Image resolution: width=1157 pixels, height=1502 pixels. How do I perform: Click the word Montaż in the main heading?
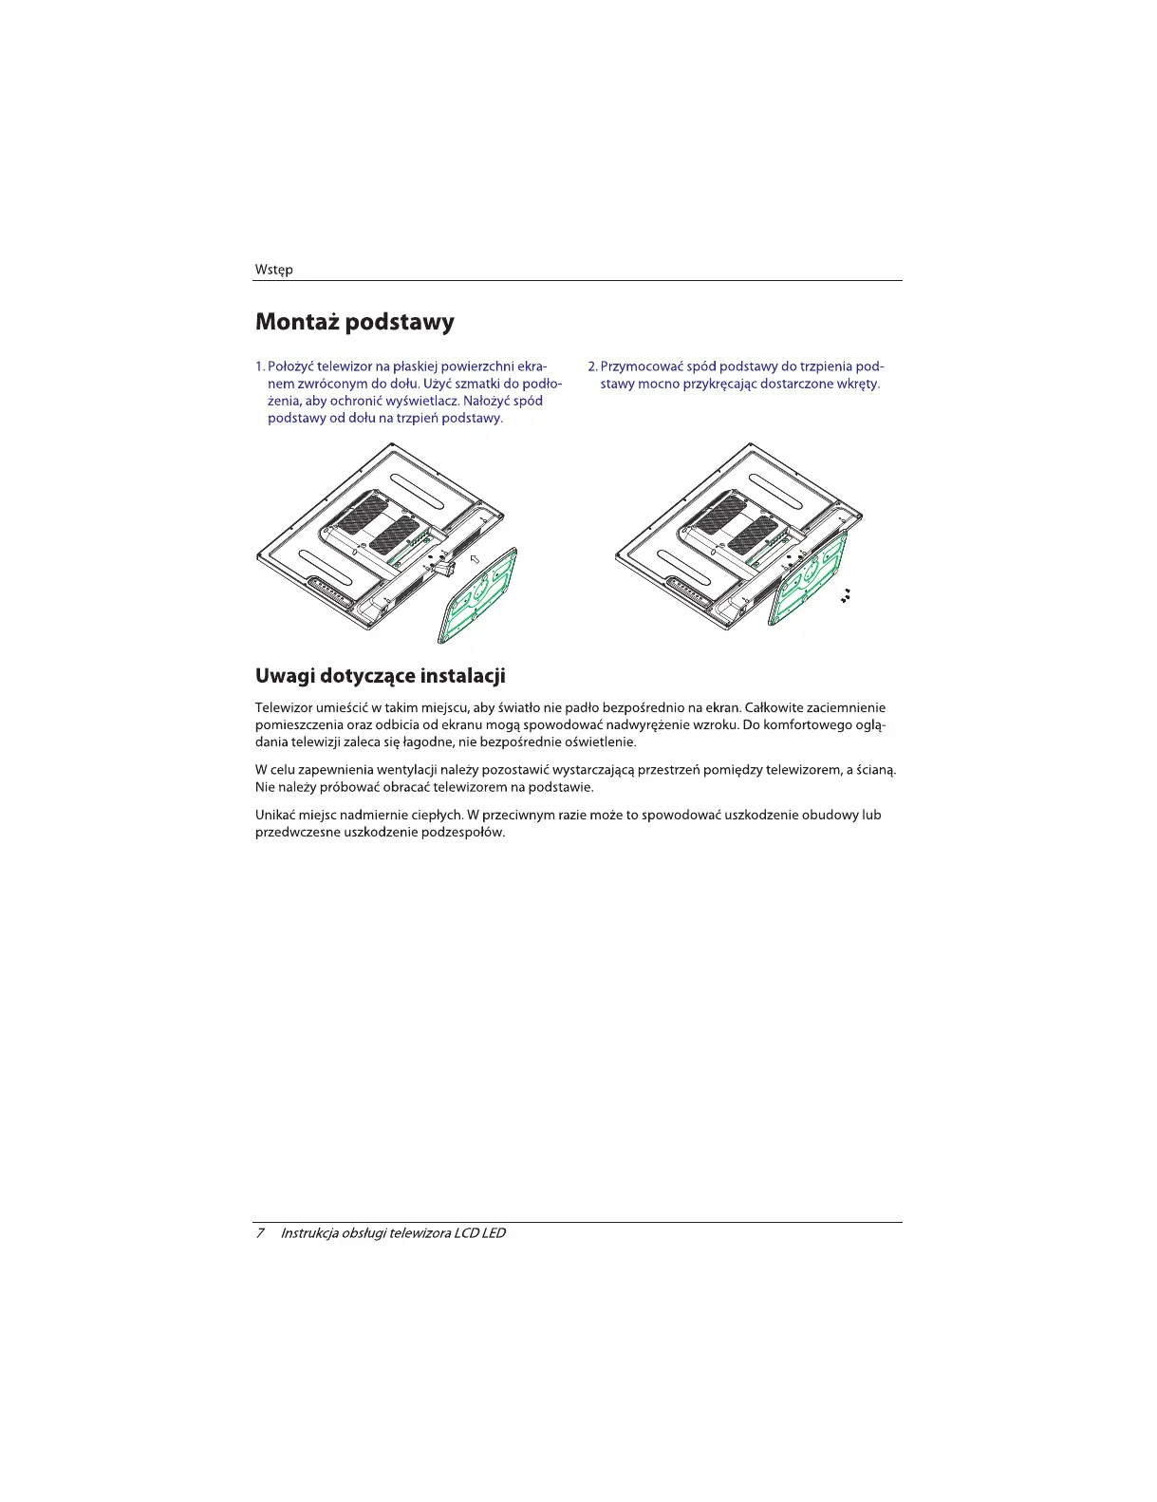296,323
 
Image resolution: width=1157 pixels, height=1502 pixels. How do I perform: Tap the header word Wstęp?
273,270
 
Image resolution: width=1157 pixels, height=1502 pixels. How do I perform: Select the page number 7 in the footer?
259,1232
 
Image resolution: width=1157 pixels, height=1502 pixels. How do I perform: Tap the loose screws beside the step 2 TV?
845,597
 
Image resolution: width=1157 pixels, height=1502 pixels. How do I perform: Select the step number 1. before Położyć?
260,366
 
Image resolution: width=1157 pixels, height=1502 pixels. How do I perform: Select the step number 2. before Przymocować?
592,366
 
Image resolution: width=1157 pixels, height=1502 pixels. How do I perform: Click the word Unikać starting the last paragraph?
276,815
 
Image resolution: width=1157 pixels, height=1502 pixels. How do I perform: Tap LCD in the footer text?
466,1232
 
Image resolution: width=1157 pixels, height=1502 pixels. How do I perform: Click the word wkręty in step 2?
858,384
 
